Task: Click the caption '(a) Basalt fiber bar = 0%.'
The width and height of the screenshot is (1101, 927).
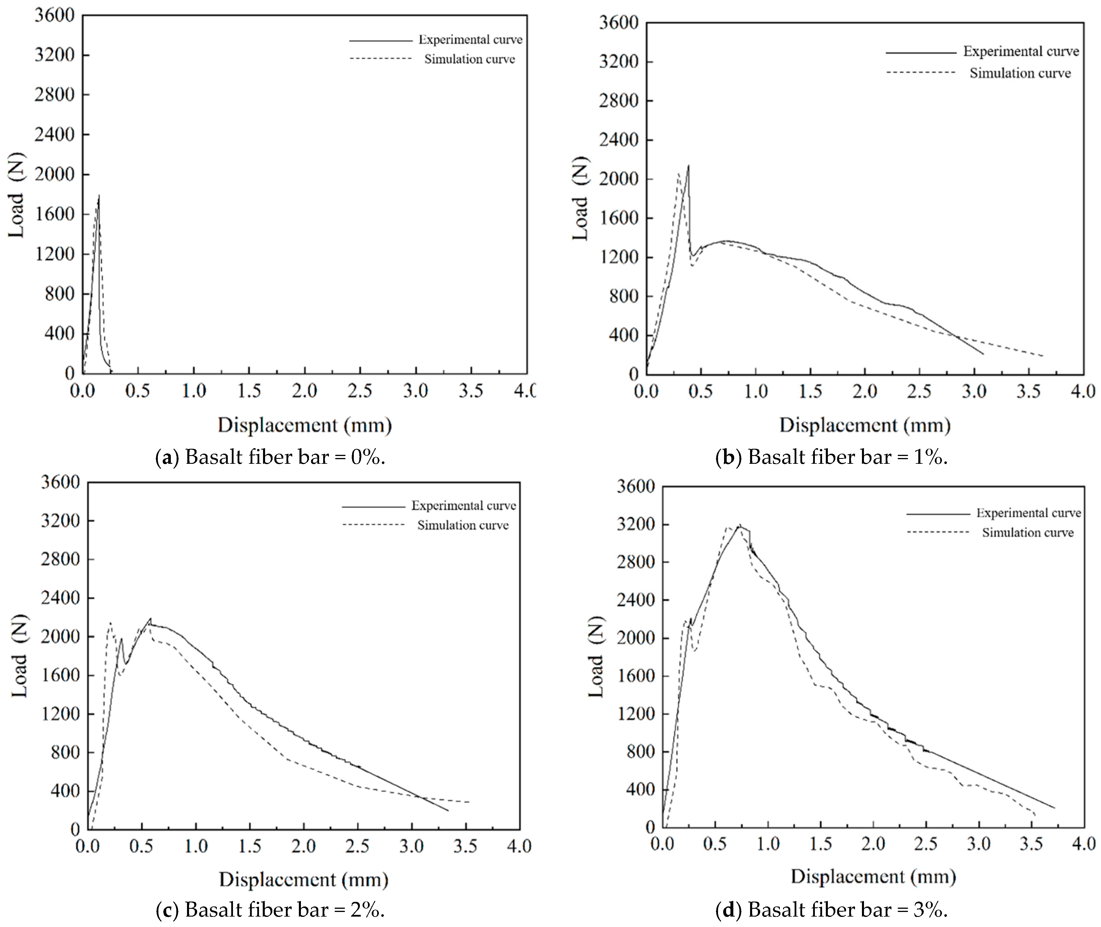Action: [271, 457]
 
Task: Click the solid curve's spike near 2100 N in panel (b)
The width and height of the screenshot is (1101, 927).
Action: [688, 165]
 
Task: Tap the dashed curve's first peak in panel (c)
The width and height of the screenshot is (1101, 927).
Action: [110, 623]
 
